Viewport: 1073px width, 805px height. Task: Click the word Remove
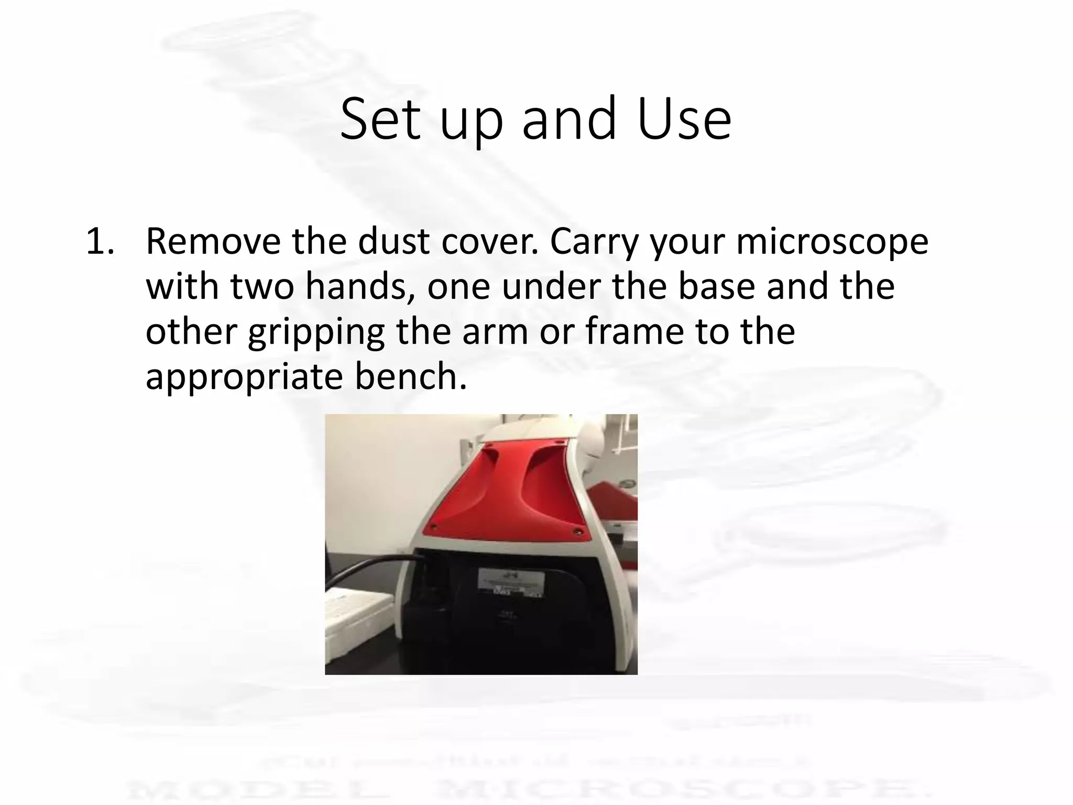pos(213,242)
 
